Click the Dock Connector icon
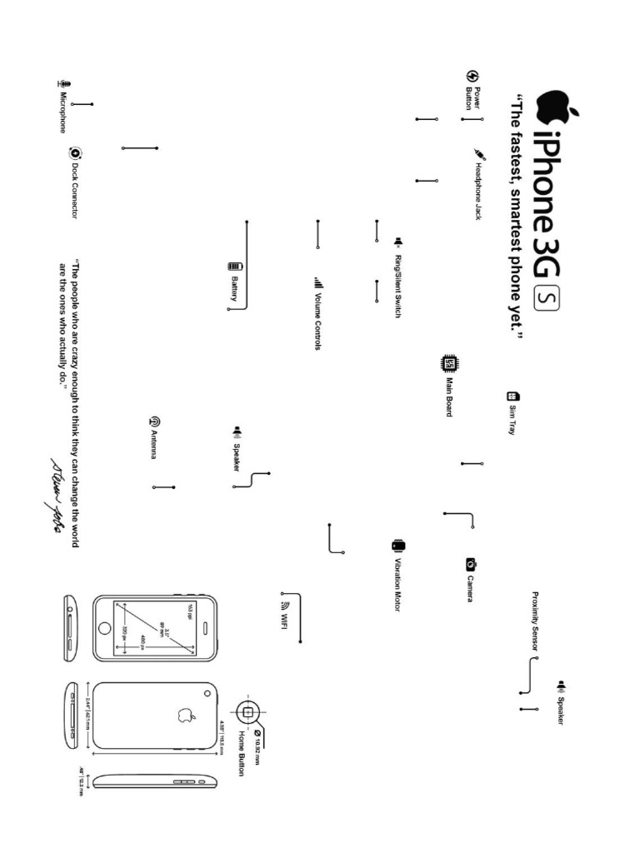click(x=75, y=152)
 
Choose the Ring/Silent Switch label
click(x=398, y=283)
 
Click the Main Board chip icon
click(x=448, y=363)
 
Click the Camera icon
click(x=470, y=564)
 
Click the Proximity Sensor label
click(x=537, y=621)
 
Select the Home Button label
click(x=242, y=753)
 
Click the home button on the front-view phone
click(x=105, y=629)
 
